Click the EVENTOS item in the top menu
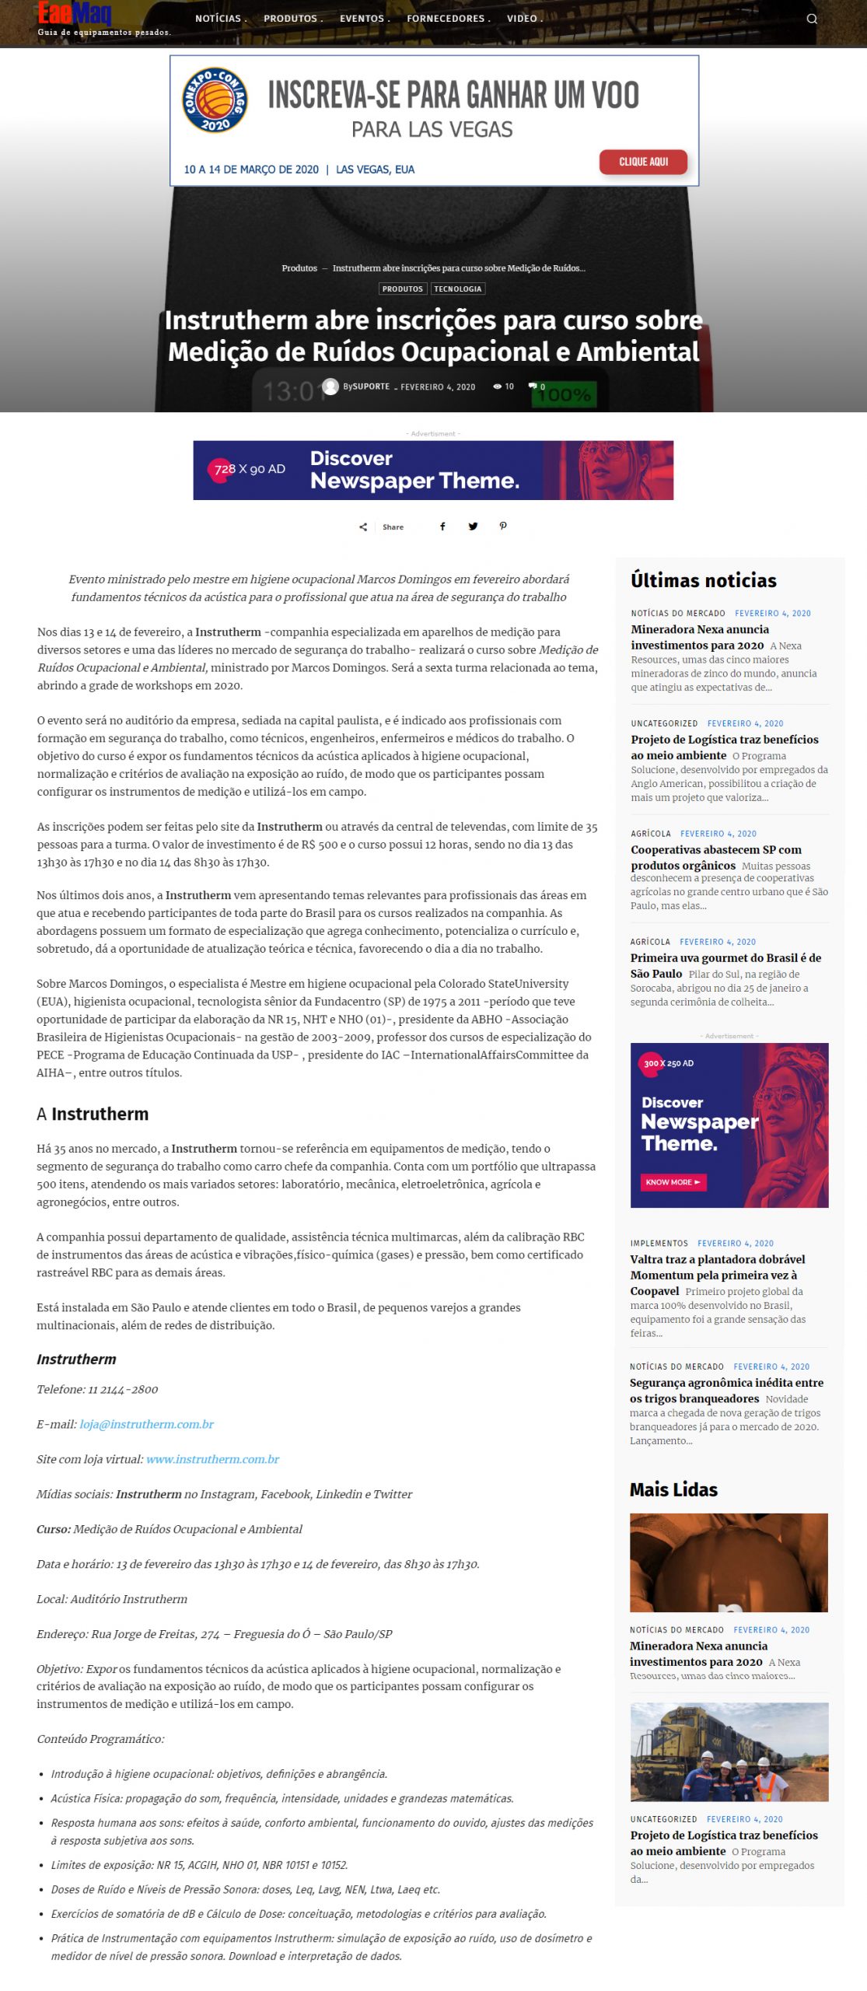362,19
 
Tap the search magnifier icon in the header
812,19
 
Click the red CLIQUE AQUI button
643,162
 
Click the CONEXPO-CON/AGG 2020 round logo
215,100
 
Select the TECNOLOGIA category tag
458,289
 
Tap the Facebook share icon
442,527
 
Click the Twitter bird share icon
473,527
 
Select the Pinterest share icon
503,527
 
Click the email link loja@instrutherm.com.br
146,1424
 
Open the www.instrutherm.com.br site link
212,1459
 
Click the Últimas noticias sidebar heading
703,580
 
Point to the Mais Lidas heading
673,1489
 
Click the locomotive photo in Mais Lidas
729,1751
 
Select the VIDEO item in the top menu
522,19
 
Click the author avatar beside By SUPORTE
330,387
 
